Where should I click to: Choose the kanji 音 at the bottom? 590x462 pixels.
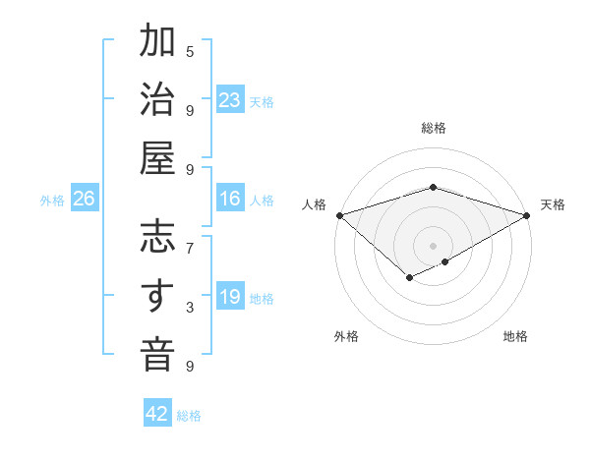(x=157, y=355)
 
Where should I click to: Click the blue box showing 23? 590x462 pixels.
(x=230, y=100)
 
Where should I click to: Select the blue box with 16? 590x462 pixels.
(x=230, y=199)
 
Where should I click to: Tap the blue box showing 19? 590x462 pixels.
(x=230, y=298)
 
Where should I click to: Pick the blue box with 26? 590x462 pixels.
(x=84, y=200)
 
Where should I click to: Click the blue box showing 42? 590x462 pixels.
(x=157, y=414)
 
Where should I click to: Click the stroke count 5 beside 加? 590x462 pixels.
(x=190, y=51)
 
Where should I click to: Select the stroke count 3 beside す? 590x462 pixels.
(x=190, y=308)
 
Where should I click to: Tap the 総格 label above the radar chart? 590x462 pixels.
(x=433, y=128)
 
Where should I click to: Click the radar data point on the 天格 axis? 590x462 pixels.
(x=528, y=215)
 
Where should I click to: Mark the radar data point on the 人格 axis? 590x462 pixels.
(x=338, y=215)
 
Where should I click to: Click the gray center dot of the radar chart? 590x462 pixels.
(x=433, y=244)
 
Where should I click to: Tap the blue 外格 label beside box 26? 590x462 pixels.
(x=52, y=201)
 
